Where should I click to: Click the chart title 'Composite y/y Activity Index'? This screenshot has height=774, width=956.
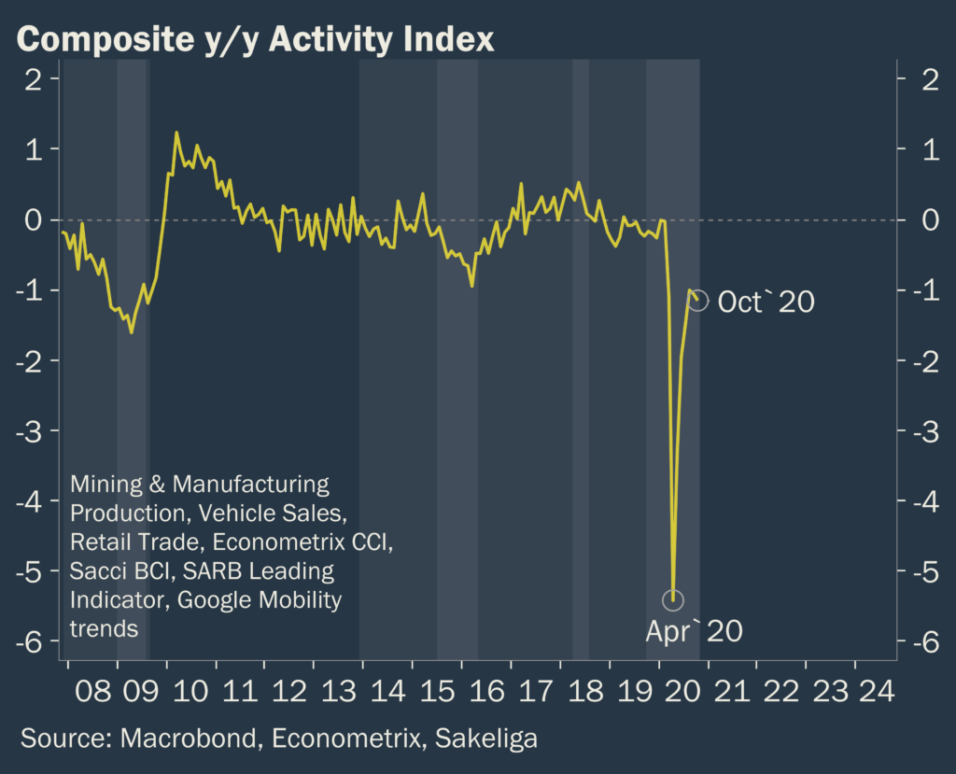255,38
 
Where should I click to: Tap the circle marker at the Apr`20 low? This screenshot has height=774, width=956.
673,599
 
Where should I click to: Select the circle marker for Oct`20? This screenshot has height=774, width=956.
697,301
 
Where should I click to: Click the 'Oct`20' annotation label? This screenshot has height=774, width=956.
766,302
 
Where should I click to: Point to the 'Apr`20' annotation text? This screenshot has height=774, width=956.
694,631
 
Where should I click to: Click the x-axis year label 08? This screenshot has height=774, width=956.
92,692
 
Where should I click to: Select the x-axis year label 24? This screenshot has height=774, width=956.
879,692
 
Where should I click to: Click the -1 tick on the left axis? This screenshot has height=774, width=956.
34,290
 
